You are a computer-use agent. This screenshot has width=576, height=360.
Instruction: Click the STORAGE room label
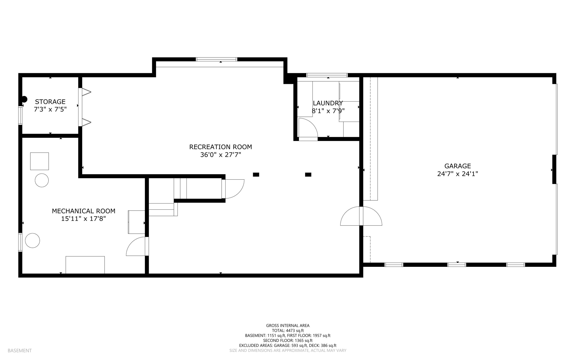pyautogui.click(x=50, y=102)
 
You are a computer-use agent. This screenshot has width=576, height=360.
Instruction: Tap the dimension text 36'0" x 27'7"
pyautogui.click(x=220, y=155)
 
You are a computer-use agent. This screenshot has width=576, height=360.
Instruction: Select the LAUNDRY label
pyautogui.click(x=328, y=103)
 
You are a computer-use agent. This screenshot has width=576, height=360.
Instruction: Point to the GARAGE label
pyautogui.click(x=457, y=166)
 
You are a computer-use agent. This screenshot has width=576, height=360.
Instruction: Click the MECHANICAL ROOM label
pyautogui.click(x=84, y=211)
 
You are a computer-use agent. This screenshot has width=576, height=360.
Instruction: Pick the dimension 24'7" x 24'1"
pyautogui.click(x=457, y=174)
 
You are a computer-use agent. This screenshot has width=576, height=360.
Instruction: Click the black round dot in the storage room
pyautogui.click(x=24, y=99)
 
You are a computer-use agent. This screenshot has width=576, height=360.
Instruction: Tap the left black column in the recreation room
pyautogui.click(x=256, y=175)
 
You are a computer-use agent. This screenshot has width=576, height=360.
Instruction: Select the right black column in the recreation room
pyautogui.click(x=308, y=175)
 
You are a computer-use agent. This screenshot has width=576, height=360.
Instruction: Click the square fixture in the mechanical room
pyautogui.click(x=39, y=161)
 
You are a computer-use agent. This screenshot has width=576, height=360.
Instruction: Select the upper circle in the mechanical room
pyautogui.click(x=42, y=180)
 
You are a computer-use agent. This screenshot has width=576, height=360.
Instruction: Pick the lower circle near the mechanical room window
pyautogui.click(x=32, y=241)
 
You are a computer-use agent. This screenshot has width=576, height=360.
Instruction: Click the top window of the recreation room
pyautogui.click(x=216, y=59)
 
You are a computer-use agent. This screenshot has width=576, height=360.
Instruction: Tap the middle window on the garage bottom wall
pyautogui.click(x=457, y=265)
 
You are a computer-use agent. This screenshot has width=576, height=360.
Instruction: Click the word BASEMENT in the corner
pyautogui.click(x=20, y=350)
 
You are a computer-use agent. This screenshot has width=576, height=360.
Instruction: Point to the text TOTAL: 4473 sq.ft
pyautogui.click(x=288, y=331)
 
